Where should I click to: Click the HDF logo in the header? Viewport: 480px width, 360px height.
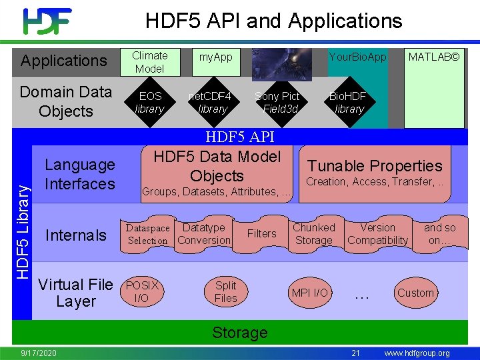(x=47, y=21)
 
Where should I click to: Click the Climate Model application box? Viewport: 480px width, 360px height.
(x=149, y=62)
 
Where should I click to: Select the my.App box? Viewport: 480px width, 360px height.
(x=216, y=57)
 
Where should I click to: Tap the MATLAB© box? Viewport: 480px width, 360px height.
(x=434, y=57)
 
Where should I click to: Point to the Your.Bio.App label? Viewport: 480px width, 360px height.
(x=357, y=57)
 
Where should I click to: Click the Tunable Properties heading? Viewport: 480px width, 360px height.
(x=374, y=166)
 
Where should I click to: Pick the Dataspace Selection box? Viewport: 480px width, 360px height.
(x=148, y=234)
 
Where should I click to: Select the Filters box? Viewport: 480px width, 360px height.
(x=261, y=233)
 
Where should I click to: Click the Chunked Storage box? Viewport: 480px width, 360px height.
(x=313, y=234)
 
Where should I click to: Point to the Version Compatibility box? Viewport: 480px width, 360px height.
(x=377, y=234)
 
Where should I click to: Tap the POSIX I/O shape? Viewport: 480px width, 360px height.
(x=142, y=292)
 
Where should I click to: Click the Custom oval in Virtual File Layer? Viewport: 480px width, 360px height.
(x=415, y=293)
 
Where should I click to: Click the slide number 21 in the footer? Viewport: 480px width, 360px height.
(x=355, y=353)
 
